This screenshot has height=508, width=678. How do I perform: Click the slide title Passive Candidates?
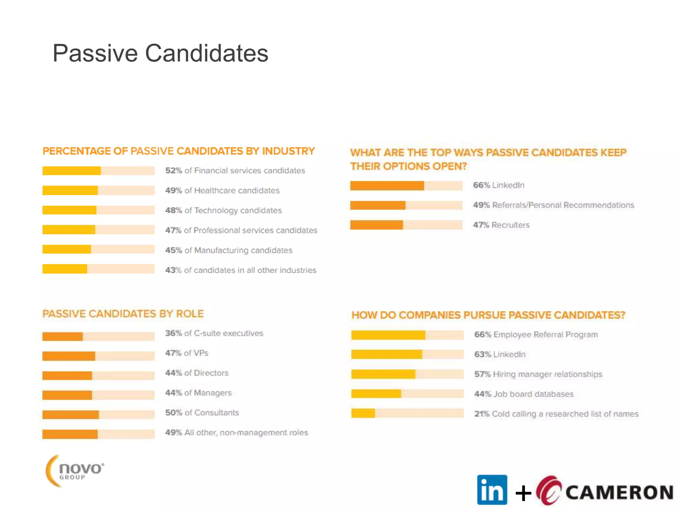click(160, 53)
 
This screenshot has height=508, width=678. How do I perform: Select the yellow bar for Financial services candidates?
click(72, 171)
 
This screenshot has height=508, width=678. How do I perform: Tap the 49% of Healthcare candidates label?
click(222, 190)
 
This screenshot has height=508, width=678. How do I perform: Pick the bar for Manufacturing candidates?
click(67, 249)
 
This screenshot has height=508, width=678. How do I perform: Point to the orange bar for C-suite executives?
click(63, 336)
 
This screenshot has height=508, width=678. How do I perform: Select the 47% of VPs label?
click(187, 353)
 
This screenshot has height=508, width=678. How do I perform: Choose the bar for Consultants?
click(71, 414)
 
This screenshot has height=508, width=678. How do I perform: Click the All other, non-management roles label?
click(246, 433)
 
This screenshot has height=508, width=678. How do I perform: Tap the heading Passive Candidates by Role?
click(123, 314)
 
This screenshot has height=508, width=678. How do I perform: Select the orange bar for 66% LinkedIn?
click(387, 186)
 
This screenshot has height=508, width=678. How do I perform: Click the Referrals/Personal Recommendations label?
click(563, 205)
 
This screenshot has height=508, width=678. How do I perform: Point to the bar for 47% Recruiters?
click(377, 225)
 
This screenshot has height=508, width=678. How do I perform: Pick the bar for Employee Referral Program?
click(388, 335)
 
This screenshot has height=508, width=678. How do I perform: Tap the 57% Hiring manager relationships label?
click(538, 374)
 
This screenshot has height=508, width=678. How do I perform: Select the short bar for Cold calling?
click(363, 413)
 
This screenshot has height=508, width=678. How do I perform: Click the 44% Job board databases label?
click(524, 394)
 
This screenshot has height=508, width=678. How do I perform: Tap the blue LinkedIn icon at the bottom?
click(492, 490)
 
